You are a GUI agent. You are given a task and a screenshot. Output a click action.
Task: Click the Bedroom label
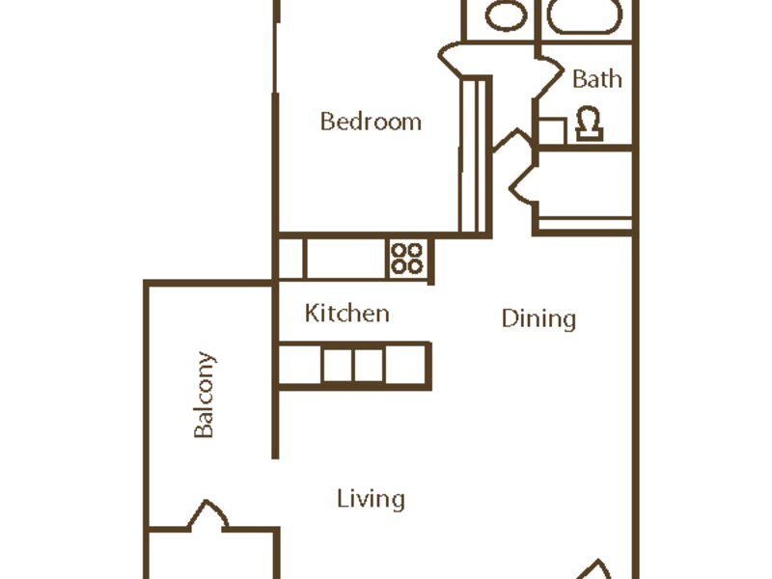(x=371, y=122)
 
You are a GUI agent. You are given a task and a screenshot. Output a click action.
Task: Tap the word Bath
(x=597, y=79)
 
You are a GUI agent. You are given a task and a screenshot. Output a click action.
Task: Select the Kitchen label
(x=347, y=313)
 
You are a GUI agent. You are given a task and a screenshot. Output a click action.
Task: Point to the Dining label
(x=538, y=318)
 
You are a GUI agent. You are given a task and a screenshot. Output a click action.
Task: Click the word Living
(x=372, y=499)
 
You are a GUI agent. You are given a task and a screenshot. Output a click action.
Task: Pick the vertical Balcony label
(x=205, y=395)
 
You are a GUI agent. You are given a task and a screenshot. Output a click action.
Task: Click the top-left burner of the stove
(x=399, y=250)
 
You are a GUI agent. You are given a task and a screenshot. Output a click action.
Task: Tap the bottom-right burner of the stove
(x=415, y=266)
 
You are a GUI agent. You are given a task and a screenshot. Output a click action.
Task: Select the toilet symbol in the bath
(x=590, y=124)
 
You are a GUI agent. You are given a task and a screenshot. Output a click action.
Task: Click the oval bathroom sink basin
(x=506, y=14)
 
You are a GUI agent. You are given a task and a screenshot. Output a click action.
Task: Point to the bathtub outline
(x=585, y=17)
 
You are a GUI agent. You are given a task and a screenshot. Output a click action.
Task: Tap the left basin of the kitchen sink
(x=338, y=365)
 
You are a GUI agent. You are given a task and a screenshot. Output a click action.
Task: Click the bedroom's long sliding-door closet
(x=475, y=155)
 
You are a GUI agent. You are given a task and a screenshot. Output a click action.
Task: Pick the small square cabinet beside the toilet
(x=552, y=131)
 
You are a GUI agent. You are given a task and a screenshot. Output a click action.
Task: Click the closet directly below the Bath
(x=585, y=189)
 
